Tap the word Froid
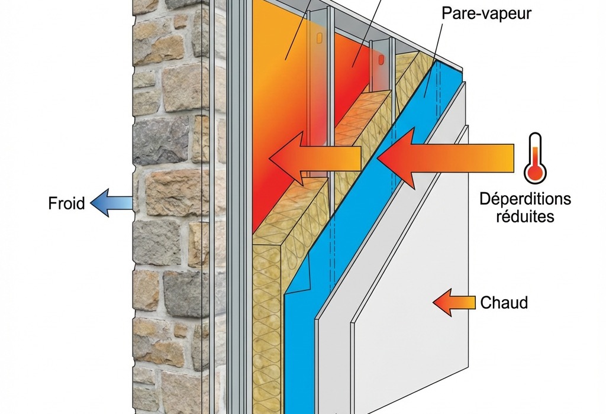(x=66, y=204)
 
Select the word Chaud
(x=504, y=303)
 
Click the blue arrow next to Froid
(x=112, y=202)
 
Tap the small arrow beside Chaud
(x=453, y=303)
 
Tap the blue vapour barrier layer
(x=308, y=308)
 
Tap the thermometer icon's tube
(x=535, y=148)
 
